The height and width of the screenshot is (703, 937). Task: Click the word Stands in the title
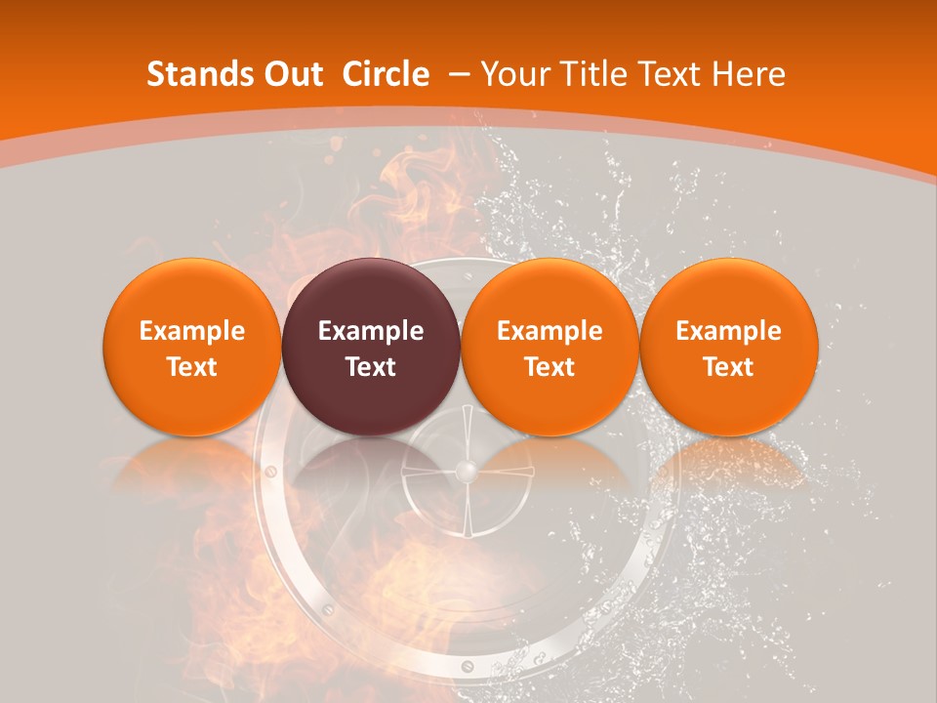(193, 74)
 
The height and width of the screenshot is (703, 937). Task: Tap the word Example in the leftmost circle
(192, 331)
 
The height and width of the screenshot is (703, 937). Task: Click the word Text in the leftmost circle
(192, 367)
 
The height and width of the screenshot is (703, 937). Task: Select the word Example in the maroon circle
(371, 331)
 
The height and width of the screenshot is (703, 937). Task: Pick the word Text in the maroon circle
(371, 367)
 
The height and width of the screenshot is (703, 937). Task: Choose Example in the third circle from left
(550, 331)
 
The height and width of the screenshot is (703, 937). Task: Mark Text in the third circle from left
(550, 367)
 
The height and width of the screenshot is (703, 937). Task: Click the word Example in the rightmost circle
(728, 331)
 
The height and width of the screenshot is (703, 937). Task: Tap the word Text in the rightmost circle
(728, 367)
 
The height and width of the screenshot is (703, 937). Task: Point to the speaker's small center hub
(468, 473)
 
